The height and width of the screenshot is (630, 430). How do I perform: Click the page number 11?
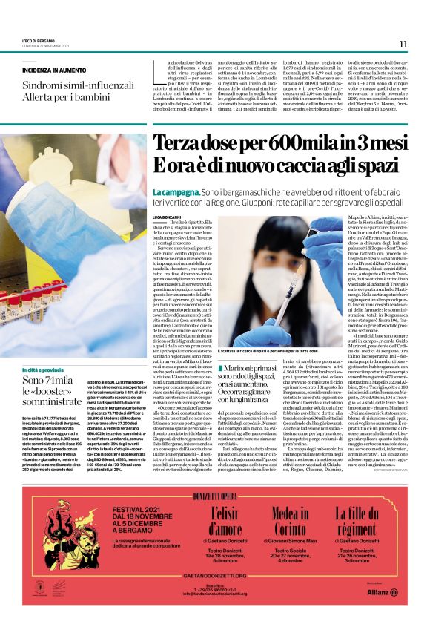(x=403, y=45)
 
